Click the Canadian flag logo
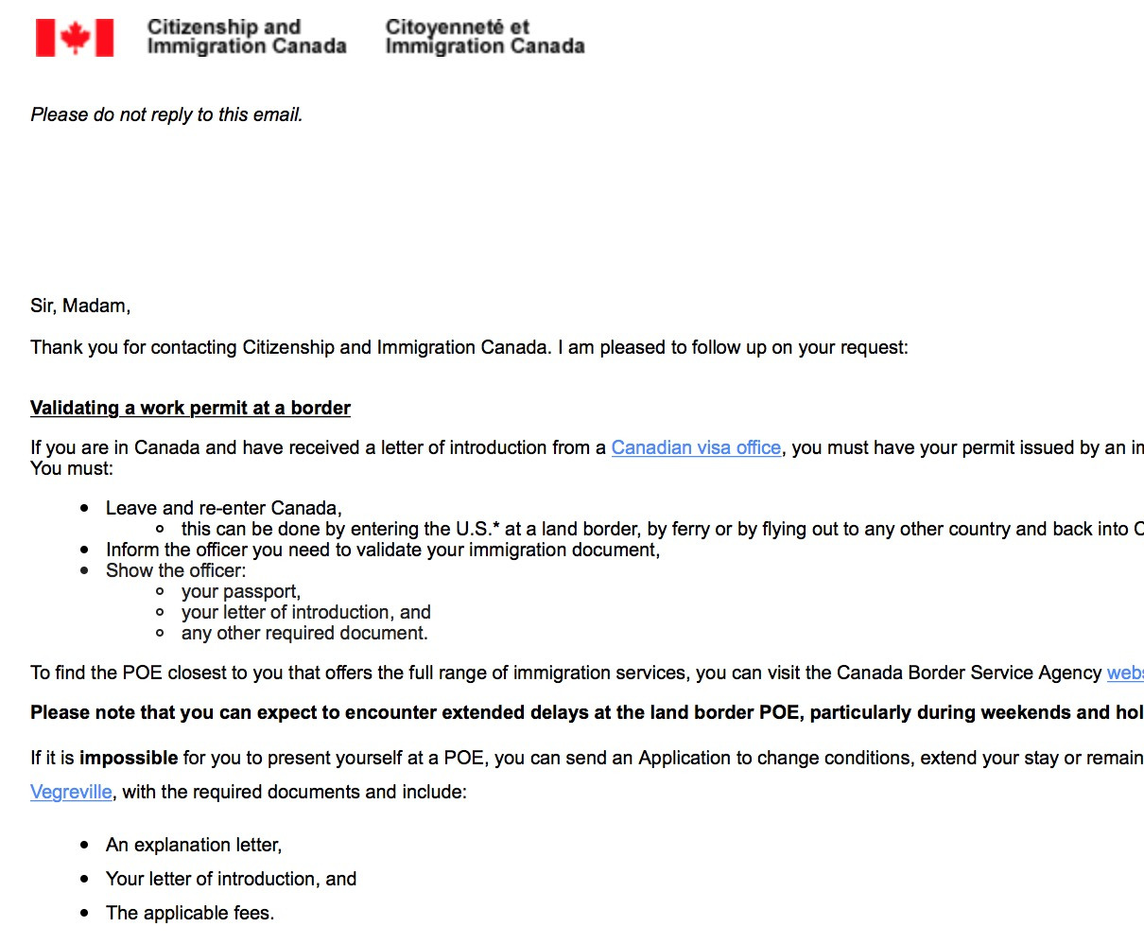click(x=75, y=38)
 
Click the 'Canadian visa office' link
click(x=696, y=447)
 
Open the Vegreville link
click(x=71, y=792)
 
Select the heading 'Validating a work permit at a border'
click(x=190, y=408)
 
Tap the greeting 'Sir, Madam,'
click(x=80, y=306)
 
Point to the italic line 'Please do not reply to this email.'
click(x=166, y=114)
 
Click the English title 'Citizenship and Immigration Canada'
click(x=246, y=37)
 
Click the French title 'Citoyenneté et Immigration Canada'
click(x=484, y=37)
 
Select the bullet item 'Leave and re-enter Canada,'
click(x=223, y=508)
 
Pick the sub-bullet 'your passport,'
click(x=240, y=591)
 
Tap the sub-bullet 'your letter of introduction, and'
click(x=305, y=612)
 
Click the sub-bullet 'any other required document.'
click(x=304, y=633)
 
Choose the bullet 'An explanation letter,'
click(x=194, y=845)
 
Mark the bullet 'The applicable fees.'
click(x=190, y=913)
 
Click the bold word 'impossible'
click(x=129, y=758)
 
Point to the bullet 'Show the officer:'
click(x=176, y=570)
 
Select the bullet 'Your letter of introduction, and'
click(x=231, y=879)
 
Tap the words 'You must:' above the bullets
click(x=72, y=468)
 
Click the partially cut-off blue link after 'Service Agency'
click(x=1125, y=673)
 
